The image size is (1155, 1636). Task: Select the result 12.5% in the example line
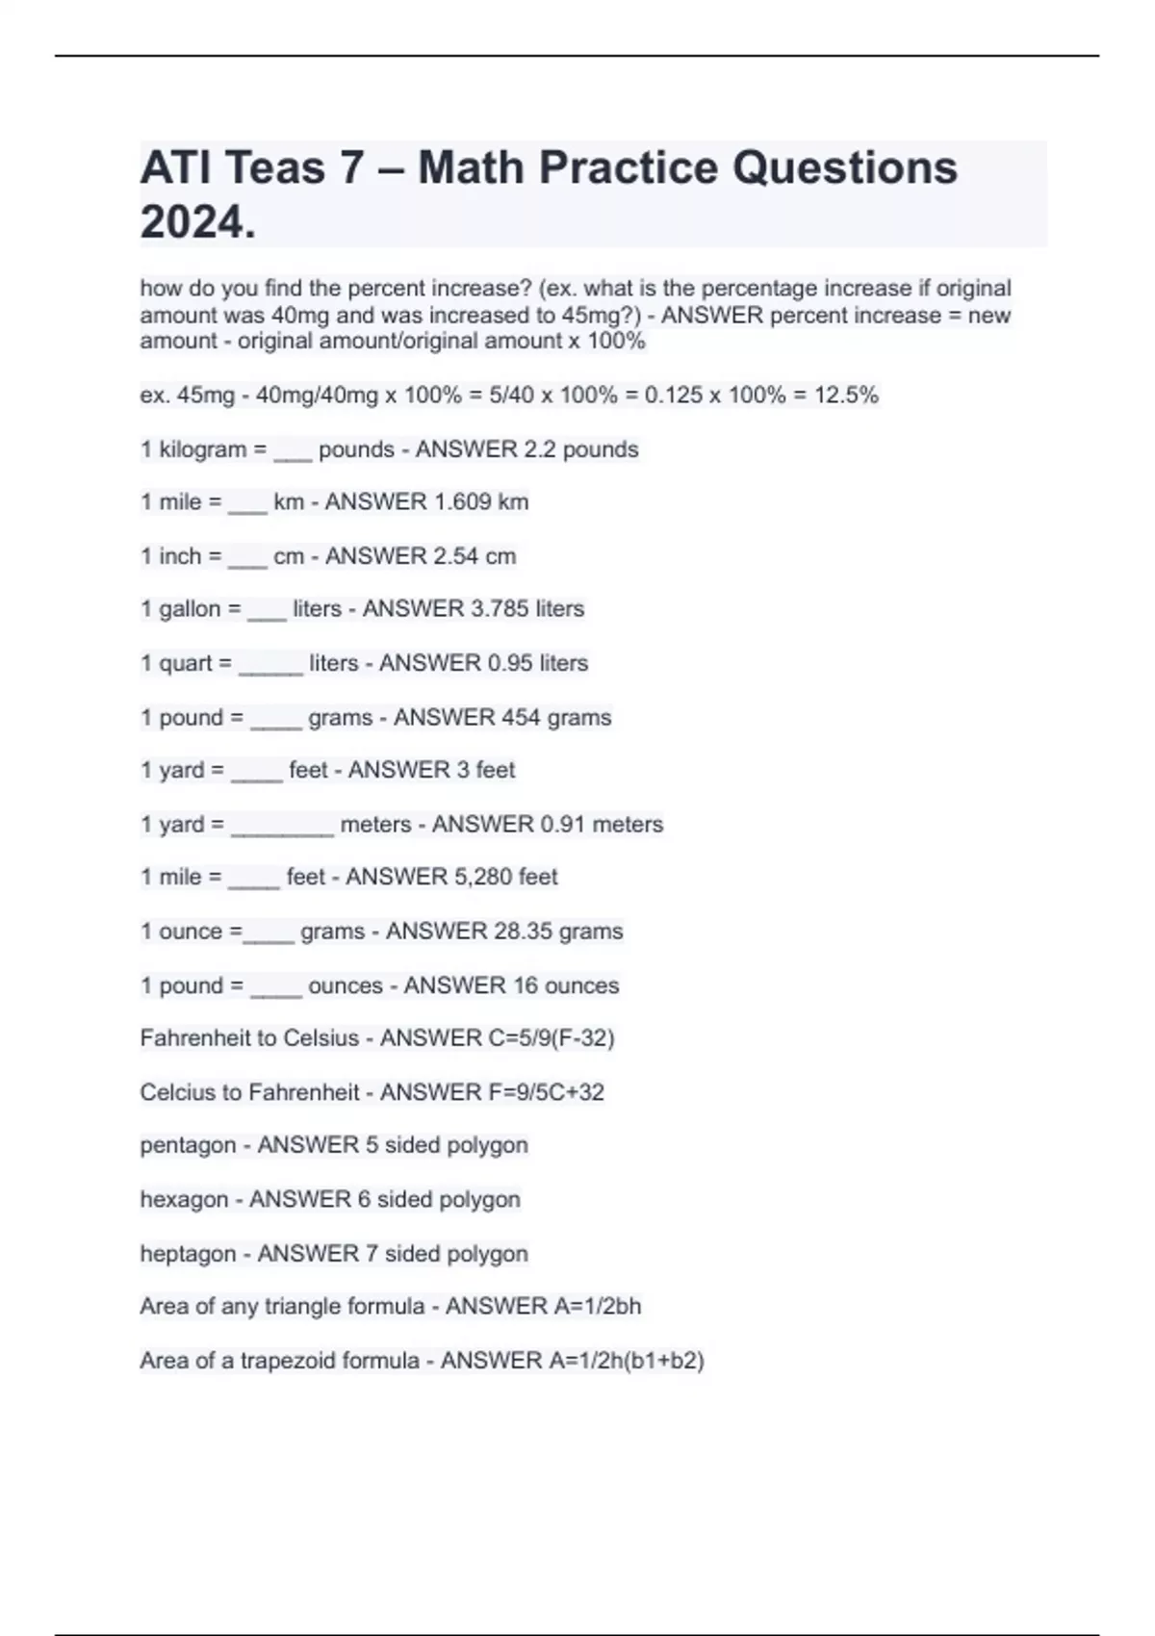846,396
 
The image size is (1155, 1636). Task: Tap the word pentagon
187,1146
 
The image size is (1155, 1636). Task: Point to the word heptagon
187,1254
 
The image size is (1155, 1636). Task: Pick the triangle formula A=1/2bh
596,1306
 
